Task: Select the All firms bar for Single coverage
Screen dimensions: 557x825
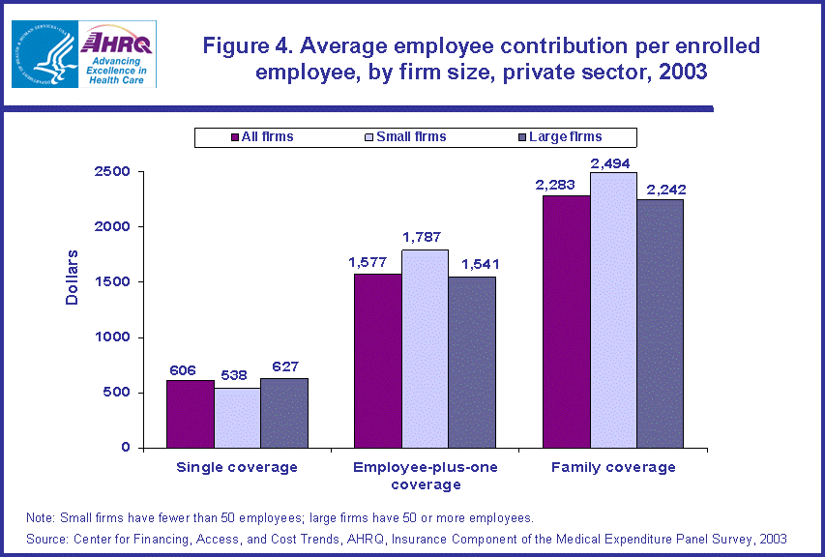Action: pos(190,413)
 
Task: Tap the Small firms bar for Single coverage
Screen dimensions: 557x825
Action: pos(237,417)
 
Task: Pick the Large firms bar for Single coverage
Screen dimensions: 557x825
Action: pos(284,412)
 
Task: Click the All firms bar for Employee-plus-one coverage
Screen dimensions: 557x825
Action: pos(378,360)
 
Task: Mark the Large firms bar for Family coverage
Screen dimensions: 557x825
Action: pos(661,323)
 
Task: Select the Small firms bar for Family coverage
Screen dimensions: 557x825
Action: pos(614,309)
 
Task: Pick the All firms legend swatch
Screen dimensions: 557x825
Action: pos(234,137)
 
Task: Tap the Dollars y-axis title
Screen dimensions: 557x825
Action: pos(73,277)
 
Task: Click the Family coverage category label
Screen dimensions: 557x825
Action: pos(613,467)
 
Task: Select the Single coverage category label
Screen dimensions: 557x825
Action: pos(237,467)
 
